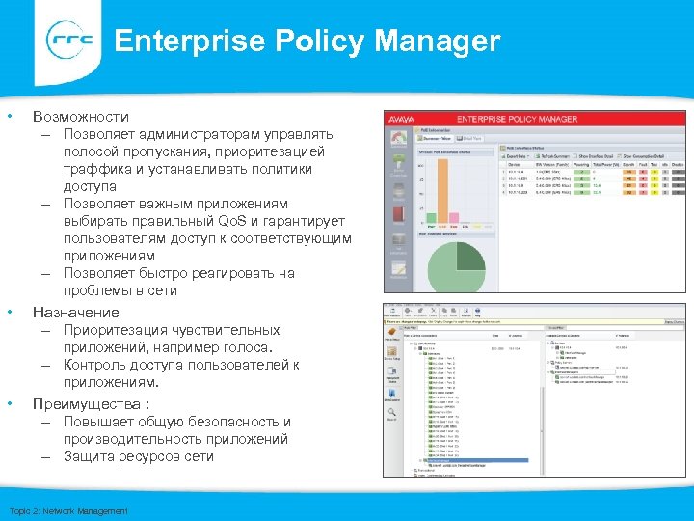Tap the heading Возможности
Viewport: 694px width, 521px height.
click(x=80, y=116)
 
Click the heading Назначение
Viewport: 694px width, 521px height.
click(x=76, y=312)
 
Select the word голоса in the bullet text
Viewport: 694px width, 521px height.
click(x=249, y=347)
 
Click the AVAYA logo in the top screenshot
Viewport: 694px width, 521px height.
click(x=400, y=119)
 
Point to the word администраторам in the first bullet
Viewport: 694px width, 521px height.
click(x=184, y=134)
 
